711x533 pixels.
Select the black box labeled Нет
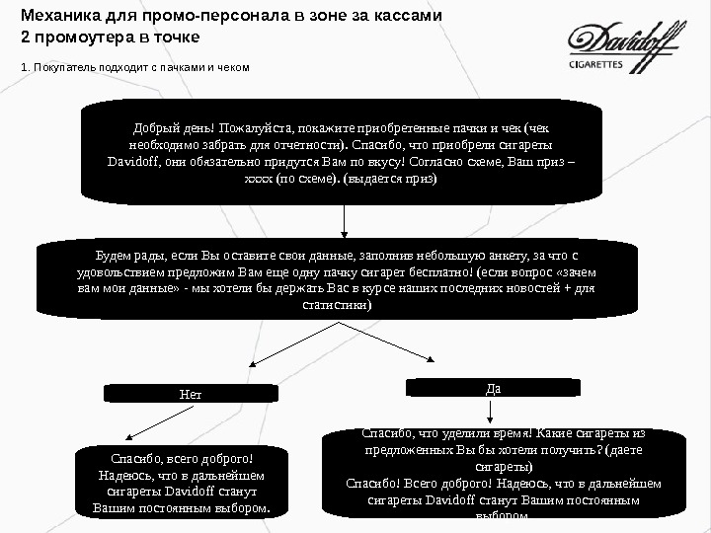[190, 394]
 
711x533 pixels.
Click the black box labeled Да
[493, 388]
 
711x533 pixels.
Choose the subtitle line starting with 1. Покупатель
[135, 67]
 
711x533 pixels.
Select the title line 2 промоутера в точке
[110, 38]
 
